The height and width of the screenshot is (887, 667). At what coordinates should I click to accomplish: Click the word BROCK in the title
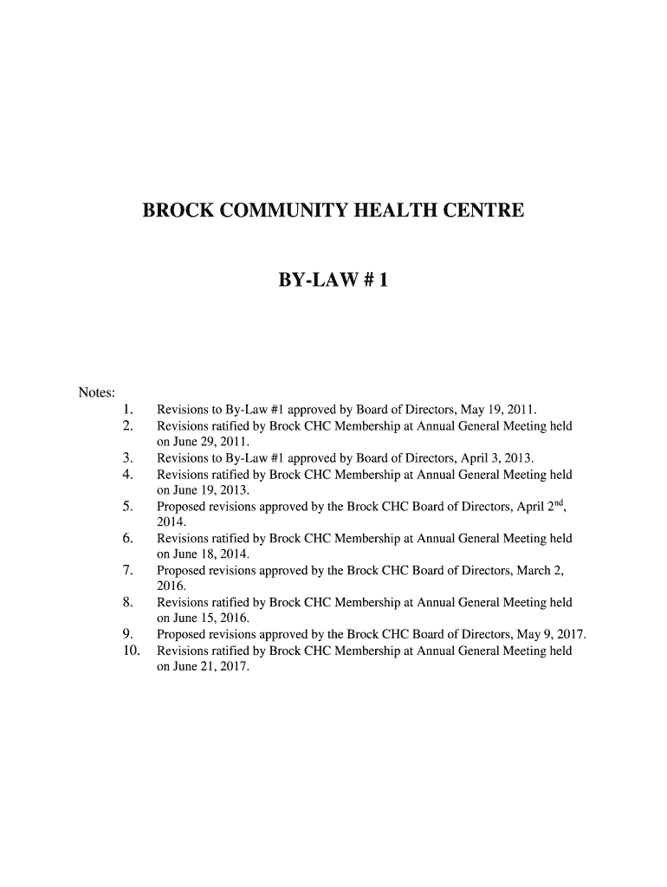pos(177,210)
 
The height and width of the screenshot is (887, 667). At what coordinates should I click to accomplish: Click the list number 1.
pos(127,409)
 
